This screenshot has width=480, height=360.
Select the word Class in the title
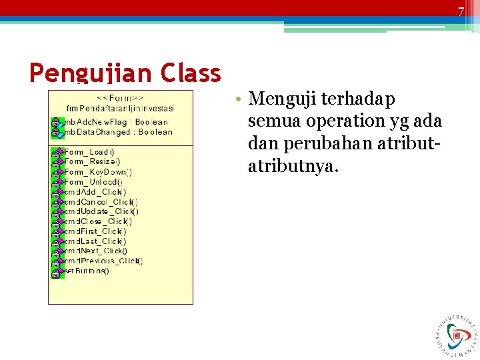(x=191, y=73)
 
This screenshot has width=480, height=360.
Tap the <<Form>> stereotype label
(x=121, y=97)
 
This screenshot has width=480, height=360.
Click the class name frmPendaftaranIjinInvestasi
(x=121, y=108)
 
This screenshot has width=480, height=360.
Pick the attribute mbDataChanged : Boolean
(x=117, y=132)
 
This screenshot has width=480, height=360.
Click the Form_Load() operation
(x=89, y=152)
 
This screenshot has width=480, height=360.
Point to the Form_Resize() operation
(x=92, y=161)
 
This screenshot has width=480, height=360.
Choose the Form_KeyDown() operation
(x=97, y=172)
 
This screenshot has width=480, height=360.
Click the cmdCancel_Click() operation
(x=101, y=201)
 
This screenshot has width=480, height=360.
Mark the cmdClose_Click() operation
(x=98, y=221)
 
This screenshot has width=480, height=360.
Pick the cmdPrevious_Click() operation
(x=103, y=261)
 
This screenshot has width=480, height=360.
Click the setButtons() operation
(x=86, y=271)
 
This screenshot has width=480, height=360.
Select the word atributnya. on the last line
(x=293, y=167)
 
